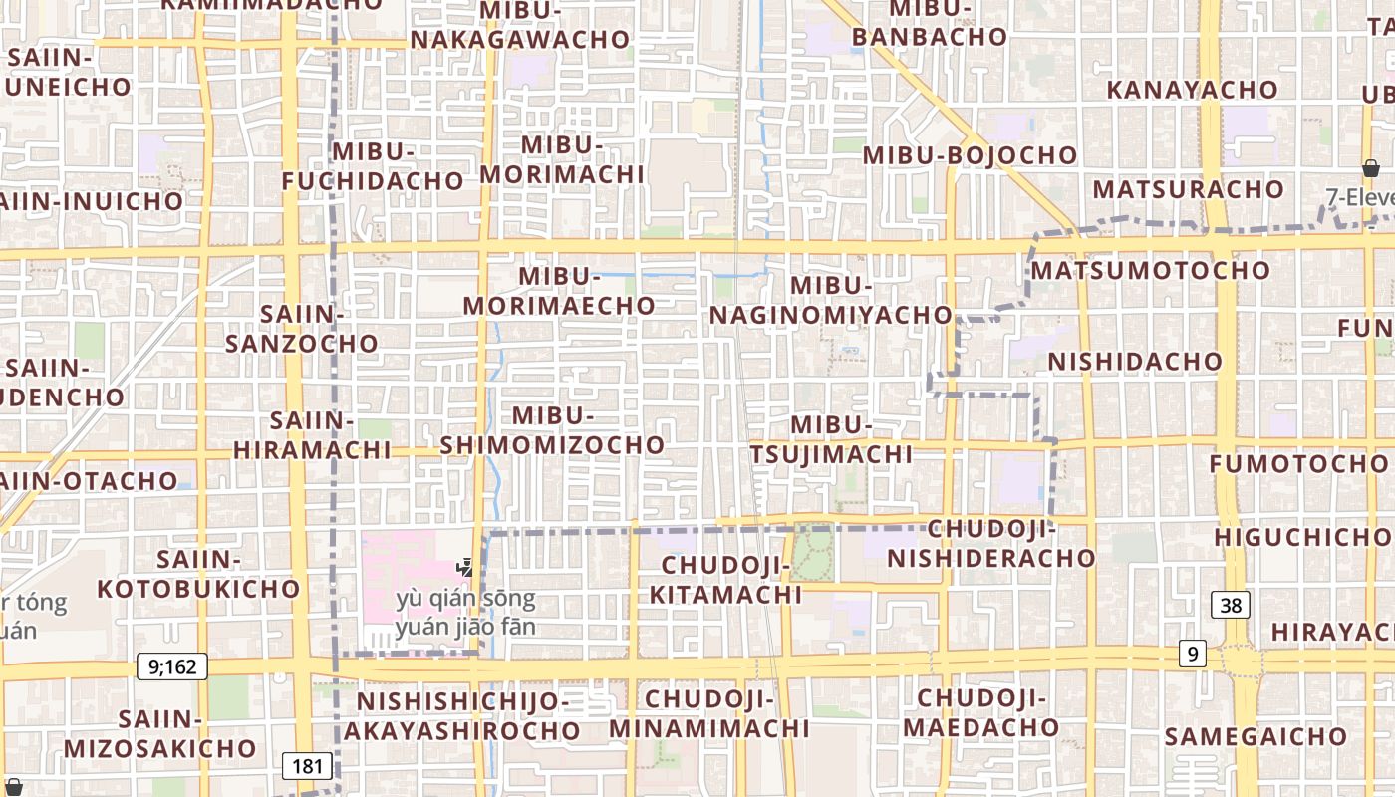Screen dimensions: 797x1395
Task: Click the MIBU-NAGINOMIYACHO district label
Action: [x=831, y=300]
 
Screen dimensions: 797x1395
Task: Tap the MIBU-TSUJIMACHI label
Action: [x=831, y=439]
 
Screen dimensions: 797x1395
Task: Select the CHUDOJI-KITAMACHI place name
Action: [x=725, y=580]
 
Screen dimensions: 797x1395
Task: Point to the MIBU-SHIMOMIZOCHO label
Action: [x=552, y=430]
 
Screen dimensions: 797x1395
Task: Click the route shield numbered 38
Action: [x=1232, y=605]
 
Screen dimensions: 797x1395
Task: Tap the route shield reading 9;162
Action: [x=172, y=666]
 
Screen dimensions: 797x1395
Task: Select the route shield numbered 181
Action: [x=308, y=766]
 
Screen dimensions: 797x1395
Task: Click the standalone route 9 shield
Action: [x=1192, y=654]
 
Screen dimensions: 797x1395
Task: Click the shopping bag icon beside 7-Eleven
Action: [x=1371, y=168]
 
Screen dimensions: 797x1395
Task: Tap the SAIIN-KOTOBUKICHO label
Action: [x=198, y=574]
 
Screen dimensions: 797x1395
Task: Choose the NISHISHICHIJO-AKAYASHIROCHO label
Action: [x=462, y=716]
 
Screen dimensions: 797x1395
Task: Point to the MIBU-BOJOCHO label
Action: [x=970, y=155]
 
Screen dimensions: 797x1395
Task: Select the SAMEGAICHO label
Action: [x=1255, y=737]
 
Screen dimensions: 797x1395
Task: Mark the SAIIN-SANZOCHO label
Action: [x=302, y=329]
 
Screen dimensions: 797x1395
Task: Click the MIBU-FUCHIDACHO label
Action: [x=373, y=166]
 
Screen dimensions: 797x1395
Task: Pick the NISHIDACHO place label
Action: [x=1135, y=361]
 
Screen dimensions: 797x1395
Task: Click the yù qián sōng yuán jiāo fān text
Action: [x=465, y=613]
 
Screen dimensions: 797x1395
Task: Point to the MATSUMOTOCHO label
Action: [x=1151, y=270]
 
